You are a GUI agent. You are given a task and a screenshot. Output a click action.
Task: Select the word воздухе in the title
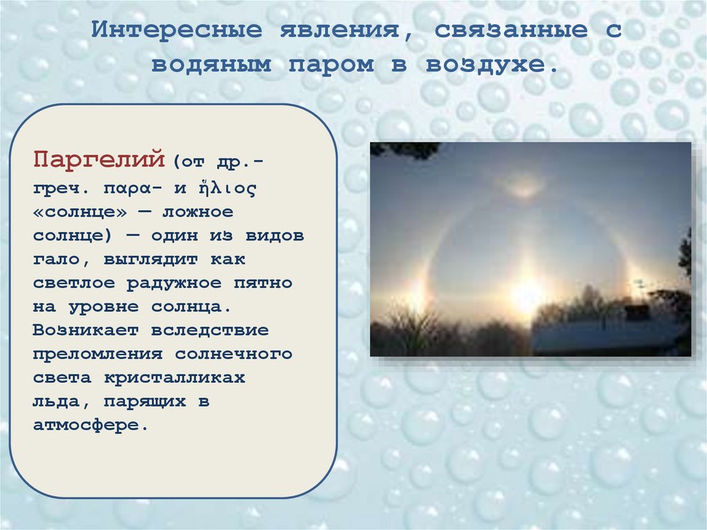click(491, 65)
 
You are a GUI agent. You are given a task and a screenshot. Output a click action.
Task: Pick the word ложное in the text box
click(195, 211)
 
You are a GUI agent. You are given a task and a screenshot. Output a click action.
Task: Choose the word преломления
click(96, 354)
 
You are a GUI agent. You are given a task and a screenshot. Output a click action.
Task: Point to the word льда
click(57, 401)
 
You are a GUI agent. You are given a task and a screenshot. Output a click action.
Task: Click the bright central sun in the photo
click(526, 296)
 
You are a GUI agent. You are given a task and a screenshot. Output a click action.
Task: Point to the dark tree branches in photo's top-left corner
click(403, 149)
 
